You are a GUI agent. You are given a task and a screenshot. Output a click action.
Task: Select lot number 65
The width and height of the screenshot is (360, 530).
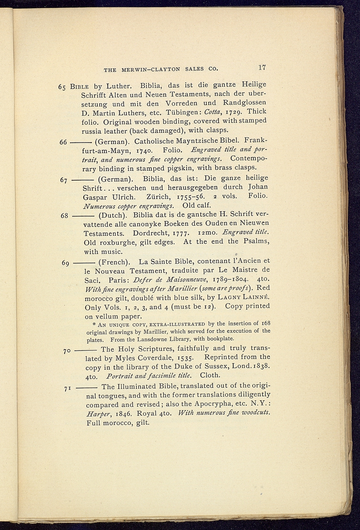click(63, 88)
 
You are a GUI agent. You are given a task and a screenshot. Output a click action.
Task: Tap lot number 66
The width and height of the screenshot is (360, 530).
click(63, 142)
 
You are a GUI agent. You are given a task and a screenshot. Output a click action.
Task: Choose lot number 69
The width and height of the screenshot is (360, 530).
click(65, 263)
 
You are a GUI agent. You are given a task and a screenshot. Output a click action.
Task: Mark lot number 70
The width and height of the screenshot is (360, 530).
click(67, 351)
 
